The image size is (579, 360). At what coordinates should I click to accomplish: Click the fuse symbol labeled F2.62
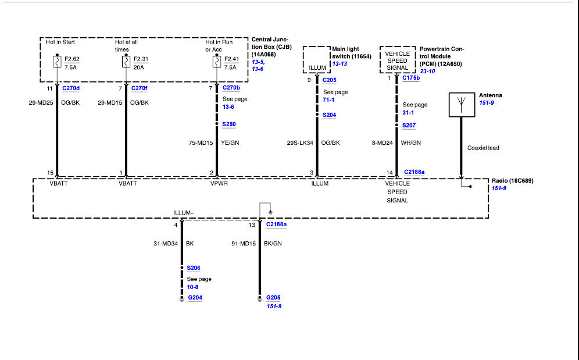[57, 61]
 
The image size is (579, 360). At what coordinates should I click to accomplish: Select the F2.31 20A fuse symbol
[126, 61]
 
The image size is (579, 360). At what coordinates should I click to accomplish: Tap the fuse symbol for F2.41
[217, 61]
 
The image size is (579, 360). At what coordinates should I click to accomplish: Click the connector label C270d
[71, 88]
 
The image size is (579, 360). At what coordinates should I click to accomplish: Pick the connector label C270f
[139, 88]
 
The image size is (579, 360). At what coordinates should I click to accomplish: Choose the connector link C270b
[231, 88]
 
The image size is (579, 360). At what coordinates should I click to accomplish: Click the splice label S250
[229, 124]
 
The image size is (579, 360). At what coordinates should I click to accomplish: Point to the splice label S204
[330, 115]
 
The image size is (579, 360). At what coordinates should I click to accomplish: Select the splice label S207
[409, 126]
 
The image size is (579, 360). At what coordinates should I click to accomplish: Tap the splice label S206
[194, 268]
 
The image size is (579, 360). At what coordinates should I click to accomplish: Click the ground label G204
[195, 298]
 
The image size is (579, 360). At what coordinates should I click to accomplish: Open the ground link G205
[273, 298]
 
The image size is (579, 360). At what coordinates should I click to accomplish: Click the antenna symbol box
[462, 105]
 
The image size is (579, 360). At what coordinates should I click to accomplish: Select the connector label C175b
[411, 78]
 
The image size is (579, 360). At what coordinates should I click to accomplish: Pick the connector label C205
[330, 80]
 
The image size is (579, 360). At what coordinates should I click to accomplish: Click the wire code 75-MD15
[201, 143]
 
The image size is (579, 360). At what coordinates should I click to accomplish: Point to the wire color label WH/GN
[410, 143]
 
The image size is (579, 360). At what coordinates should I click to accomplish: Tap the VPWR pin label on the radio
[219, 184]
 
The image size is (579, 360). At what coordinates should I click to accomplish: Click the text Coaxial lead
[483, 148]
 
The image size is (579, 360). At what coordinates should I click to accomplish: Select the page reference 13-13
[339, 64]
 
